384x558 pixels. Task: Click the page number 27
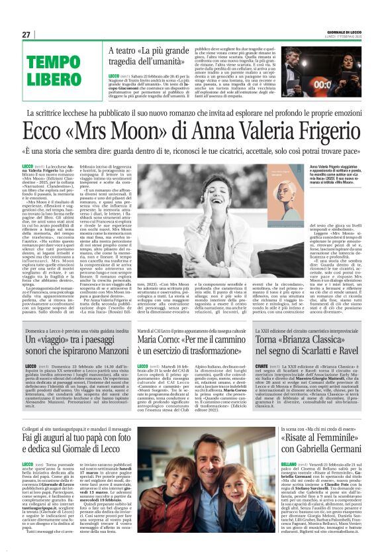[x=26, y=34]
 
